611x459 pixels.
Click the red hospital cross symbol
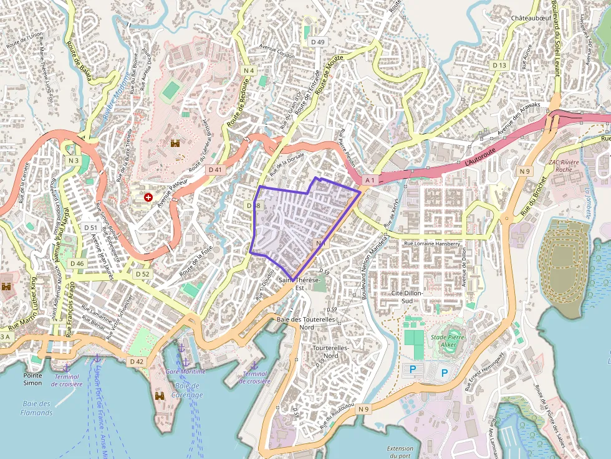pyautogui.click(x=148, y=197)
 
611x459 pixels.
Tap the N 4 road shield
pyautogui.click(x=249, y=70)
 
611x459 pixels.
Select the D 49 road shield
pyautogui.click(x=317, y=42)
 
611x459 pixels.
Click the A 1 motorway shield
pyautogui.click(x=370, y=180)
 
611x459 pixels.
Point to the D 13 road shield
pyautogui.click(x=499, y=65)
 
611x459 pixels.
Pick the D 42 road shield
pyautogui.click(x=137, y=361)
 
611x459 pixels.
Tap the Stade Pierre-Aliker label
pyautogui.click(x=448, y=341)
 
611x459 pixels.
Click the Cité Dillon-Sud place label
pyautogui.click(x=407, y=296)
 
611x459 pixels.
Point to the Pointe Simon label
pyautogui.click(x=32, y=379)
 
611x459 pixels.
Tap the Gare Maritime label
pyautogui.click(x=185, y=371)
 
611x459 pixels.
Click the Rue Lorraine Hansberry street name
pyautogui.click(x=432, y=244)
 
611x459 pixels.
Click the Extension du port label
pyautogui.click(x=400, y=452)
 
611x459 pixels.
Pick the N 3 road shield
pyautogui.click(x=74, y=160)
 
